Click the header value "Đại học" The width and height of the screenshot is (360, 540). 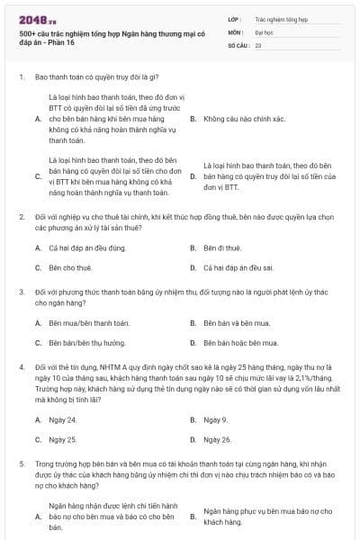coord(264,31)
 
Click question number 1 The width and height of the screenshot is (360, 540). coord(21,78)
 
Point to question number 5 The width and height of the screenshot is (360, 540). coord(21,463)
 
